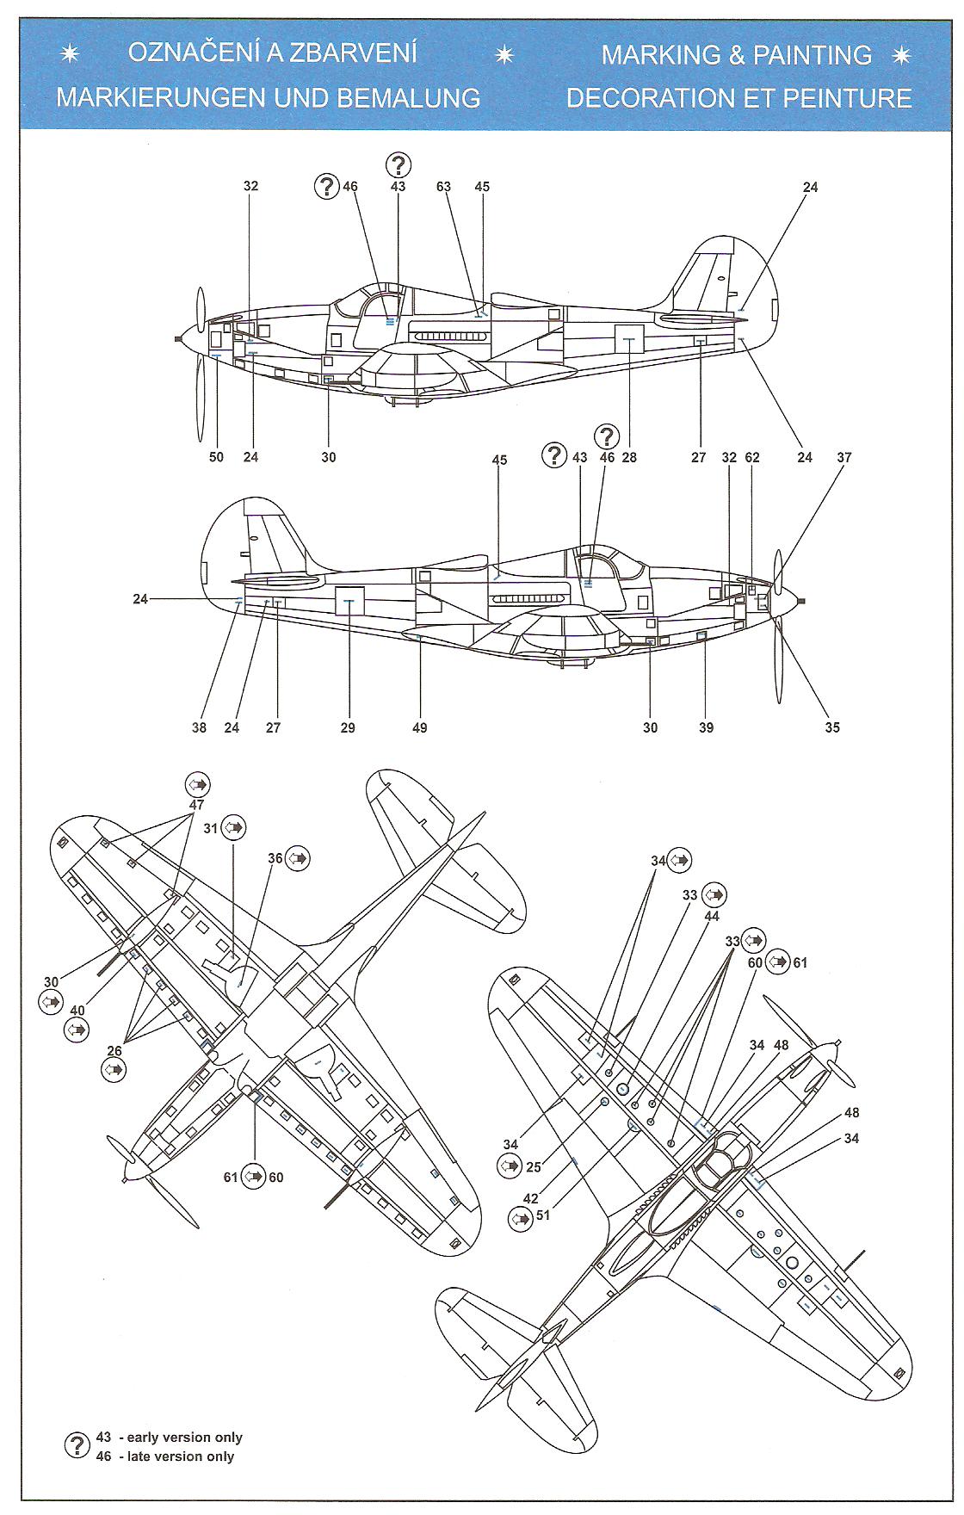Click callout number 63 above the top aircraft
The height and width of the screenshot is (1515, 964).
tap(444, 187)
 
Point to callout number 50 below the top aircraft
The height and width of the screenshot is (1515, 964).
tap(216, 457)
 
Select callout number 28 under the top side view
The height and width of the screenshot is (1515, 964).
tap(629, 457)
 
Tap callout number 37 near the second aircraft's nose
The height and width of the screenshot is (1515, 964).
tap(844, 457)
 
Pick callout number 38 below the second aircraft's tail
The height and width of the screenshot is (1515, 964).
tap(200, 727)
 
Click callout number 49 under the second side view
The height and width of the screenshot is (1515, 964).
tap(420, 727)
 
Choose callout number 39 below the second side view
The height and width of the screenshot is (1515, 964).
tap(706, 727)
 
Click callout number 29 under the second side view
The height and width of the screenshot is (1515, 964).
tap(348, 727)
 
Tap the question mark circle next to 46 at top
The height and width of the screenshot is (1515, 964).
tap(327, 186)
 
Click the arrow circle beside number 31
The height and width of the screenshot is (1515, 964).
tap(233, 828)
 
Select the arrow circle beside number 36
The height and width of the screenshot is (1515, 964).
tap(298, 858)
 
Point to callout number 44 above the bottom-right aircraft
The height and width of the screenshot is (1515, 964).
tap(711, 917)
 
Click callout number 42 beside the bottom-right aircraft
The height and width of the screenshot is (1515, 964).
tap(531, 1198)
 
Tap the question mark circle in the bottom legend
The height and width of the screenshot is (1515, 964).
tap(78, 1445)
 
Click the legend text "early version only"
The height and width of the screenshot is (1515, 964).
tap(184, 1438)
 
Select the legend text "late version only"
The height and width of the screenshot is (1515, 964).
tap(181, 1456)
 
